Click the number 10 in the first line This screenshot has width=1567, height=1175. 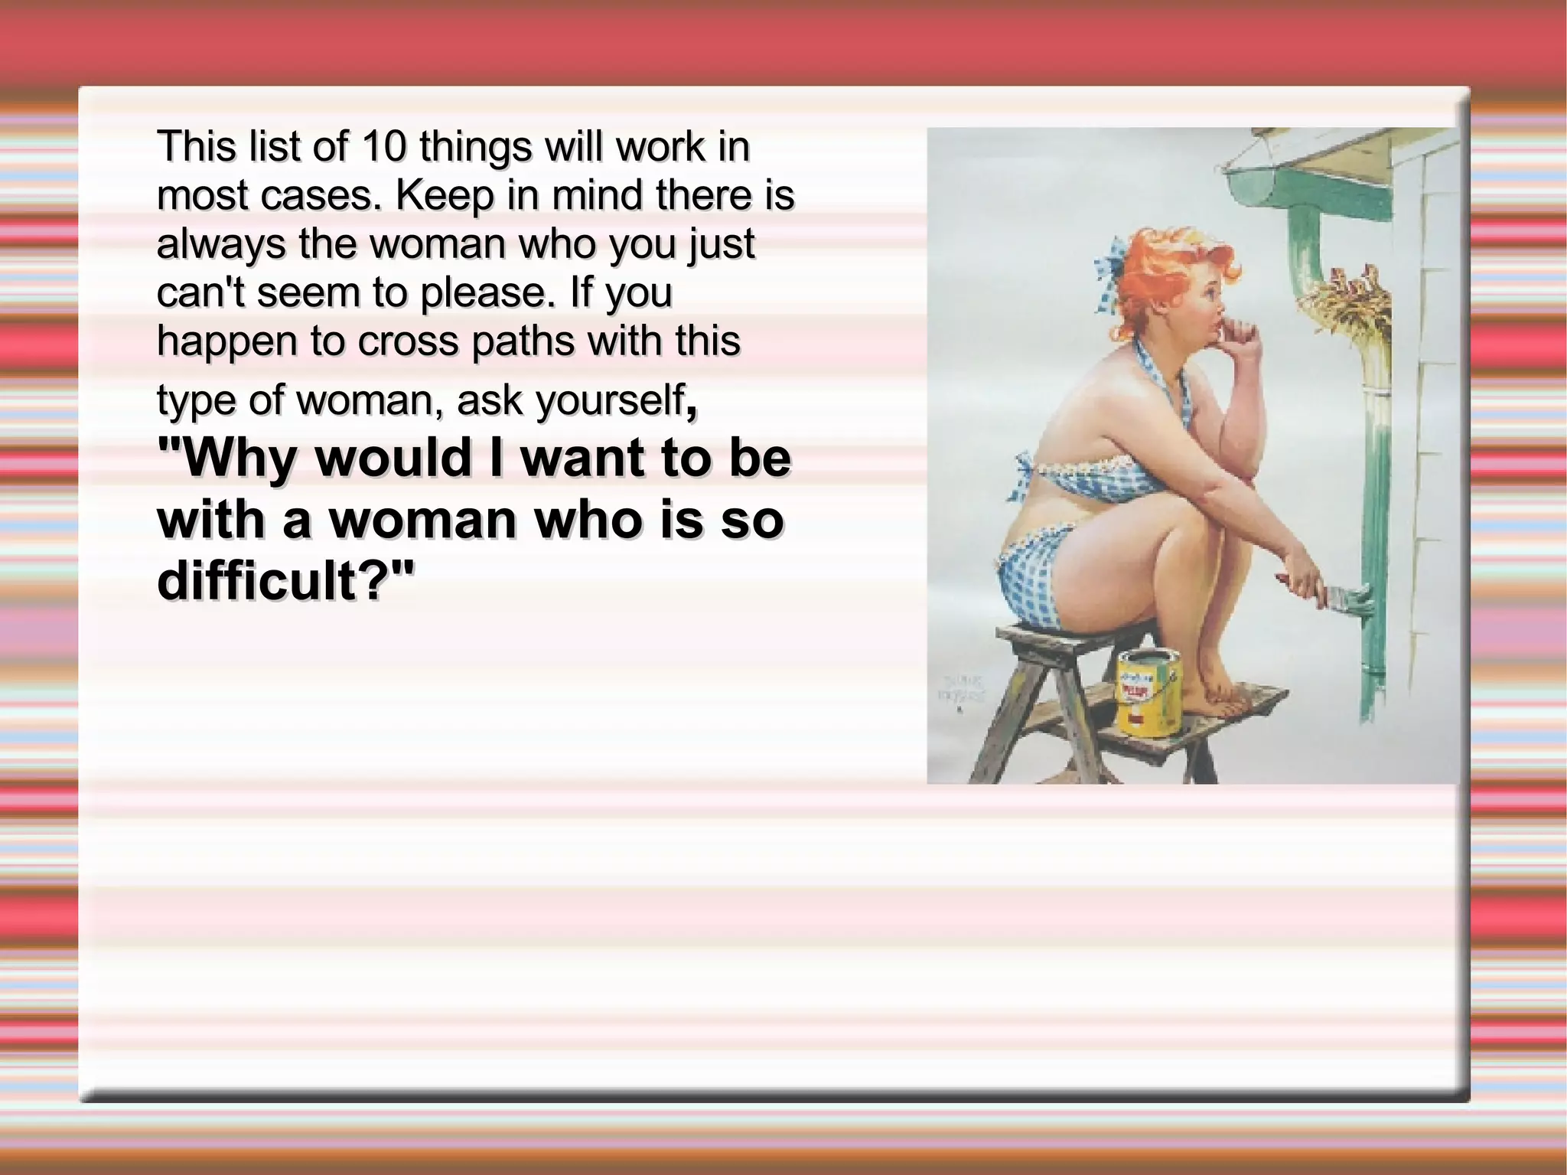(383, 146)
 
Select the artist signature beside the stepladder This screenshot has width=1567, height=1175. (962, 690)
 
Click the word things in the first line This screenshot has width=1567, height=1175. (474, 146)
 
